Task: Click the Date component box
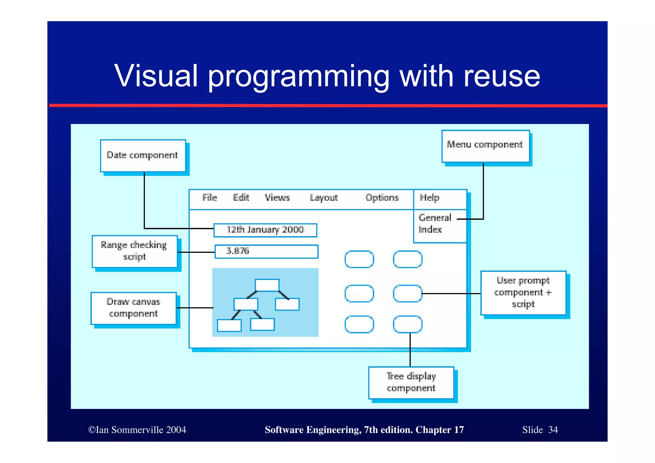[x=143, y=156]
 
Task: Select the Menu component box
[x=485, y=146]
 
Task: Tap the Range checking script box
[x=134, y=251]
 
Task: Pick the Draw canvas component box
[x=133, y=308]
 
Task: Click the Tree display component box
[x=411, y=382]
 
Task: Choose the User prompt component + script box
[x=523, y=292]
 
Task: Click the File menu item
[x=209, y=198]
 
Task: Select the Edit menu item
[x=241, y=198]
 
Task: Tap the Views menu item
[x=277, y=198]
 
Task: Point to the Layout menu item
[x=323, y=198]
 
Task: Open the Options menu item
[x=382, y=198]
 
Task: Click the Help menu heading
[x=429, y=198]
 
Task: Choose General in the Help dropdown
[x=435, y=218]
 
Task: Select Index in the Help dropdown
[x=430, y=230]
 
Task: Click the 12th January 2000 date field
[x=265, y=230]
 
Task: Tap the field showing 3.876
[x=266, y=251]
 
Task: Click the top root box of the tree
[x=267, y=285]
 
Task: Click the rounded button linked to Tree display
[x=407, y=324]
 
